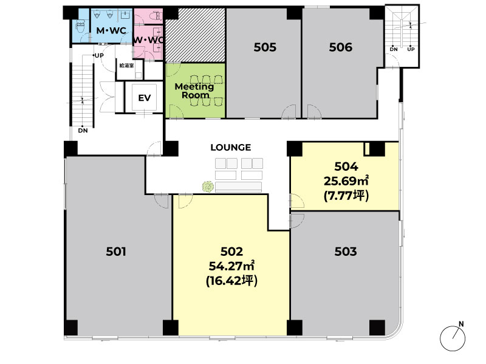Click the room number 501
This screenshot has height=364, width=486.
[116, 252]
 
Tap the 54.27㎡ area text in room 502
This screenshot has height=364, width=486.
[231, 266]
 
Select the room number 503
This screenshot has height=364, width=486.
[346, 252]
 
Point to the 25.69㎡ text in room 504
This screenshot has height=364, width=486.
[346, 180]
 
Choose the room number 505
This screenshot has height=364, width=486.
[265, 47]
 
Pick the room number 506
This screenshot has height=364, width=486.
[341, 47]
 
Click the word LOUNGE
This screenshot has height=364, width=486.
[231, 147]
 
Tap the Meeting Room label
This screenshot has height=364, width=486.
[194, 91]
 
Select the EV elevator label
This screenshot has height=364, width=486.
[145, 98]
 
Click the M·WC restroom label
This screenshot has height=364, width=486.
[111, 30]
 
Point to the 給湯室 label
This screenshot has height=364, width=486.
[127, 66]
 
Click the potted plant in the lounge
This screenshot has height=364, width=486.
[208, 187]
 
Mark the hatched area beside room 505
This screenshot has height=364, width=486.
[195, 35]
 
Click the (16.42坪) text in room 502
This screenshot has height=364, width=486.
[231, 281]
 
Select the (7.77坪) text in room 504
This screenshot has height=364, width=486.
[346, 196]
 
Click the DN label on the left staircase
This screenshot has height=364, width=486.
[83, 131]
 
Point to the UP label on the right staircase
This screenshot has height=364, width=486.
[411, 49]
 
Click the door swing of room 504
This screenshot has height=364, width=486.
[297, 201]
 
